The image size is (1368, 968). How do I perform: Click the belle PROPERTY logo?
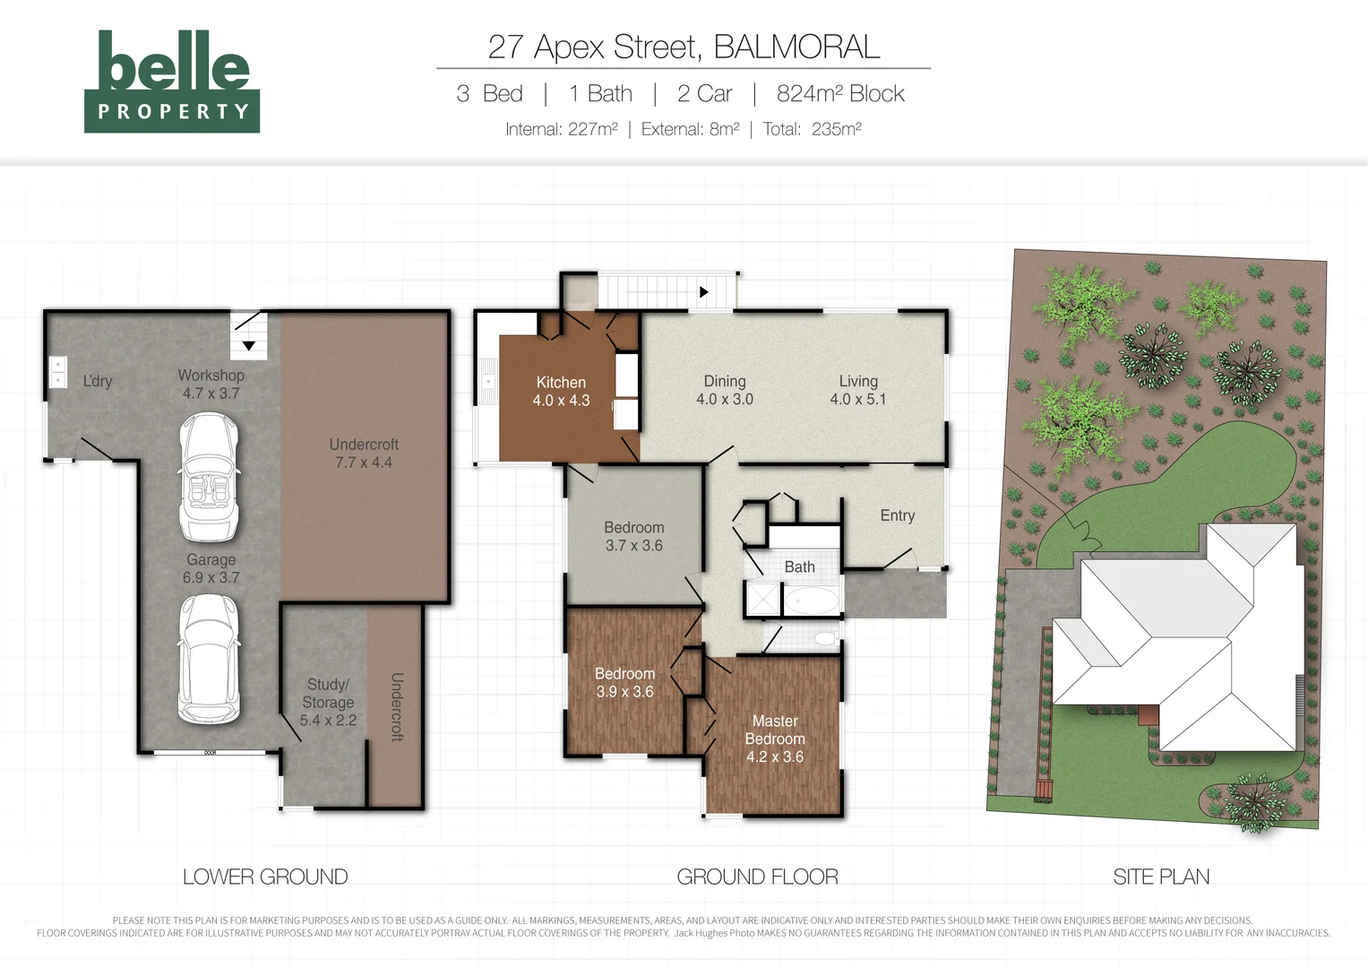(x=172, y=82)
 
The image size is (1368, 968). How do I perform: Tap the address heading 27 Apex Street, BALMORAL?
(x=684, y=47)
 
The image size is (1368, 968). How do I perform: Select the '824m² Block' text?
(x=840, y=93)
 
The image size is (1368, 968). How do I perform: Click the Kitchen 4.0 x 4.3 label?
(x=561, y=391)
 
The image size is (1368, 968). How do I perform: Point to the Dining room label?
(x=725, y=390)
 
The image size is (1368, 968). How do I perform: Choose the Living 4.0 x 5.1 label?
(x=858, y=390)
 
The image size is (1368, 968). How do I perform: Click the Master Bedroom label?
(x=775, y=739)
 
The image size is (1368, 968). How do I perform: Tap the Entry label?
(x=897, y=515)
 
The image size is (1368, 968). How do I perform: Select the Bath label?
(x=799, y=567)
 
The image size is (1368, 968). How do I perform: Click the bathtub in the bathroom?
(x=811, y=601)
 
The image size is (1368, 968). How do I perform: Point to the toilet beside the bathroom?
(x=827, y=638)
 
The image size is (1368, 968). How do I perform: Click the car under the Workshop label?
(x=209, y=477)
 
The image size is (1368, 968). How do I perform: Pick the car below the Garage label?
(x=209, y=660)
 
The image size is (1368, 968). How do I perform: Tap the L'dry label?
(x=98, y=381)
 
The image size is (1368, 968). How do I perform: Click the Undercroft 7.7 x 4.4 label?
(x=364, y=454)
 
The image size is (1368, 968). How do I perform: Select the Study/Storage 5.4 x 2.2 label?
(x=328, y=702)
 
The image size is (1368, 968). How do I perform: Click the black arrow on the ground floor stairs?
(x=703, y=292)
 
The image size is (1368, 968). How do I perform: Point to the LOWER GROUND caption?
(x=265, y=877)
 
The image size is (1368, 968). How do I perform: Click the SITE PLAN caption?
(x=1161, y=877)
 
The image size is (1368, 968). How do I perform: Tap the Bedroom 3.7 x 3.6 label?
(x=634, y=536)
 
